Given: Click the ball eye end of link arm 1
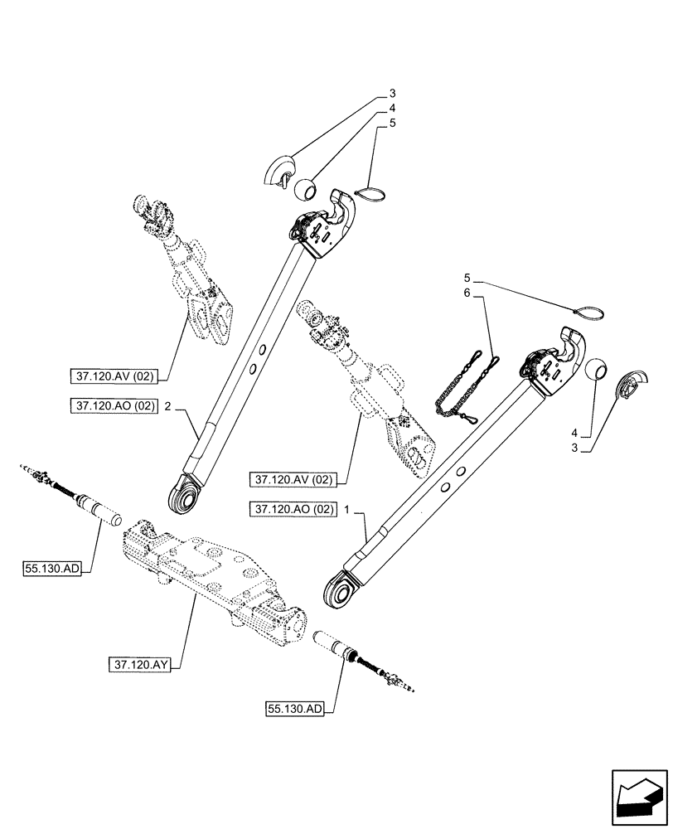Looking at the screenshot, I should click(x=338, y=590).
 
